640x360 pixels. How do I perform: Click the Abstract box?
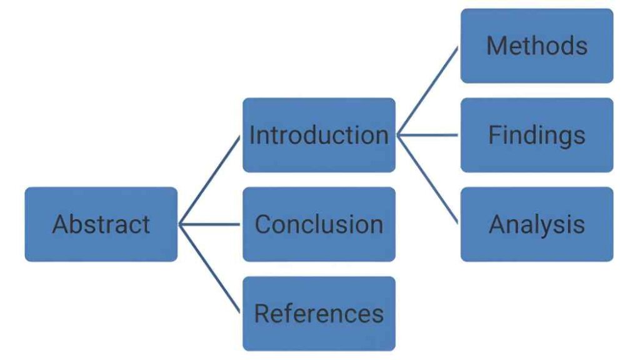[x=101, y=224]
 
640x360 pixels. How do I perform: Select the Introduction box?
[x=319, y=135]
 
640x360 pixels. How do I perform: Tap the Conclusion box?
[x=319, y=224]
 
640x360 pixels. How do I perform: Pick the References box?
[x=319, y=313]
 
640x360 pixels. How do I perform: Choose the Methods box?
[x=537, y=46]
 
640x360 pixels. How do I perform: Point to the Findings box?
[x=537, y=135]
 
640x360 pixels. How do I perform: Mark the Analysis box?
[x=537, y=224]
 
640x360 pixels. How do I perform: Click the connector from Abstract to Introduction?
[x=210, y=180]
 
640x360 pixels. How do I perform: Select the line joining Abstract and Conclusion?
[x=210, y=224]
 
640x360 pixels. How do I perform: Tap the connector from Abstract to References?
[x=210, y=268]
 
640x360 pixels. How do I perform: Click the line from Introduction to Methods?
[x=429, y=90]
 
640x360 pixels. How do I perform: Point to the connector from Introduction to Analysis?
[x=429, y=179]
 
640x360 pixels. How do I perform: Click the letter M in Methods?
[x=496, y=46]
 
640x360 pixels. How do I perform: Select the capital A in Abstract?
[x=60, y=224]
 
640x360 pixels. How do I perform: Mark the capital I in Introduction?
[x=252, y=135]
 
